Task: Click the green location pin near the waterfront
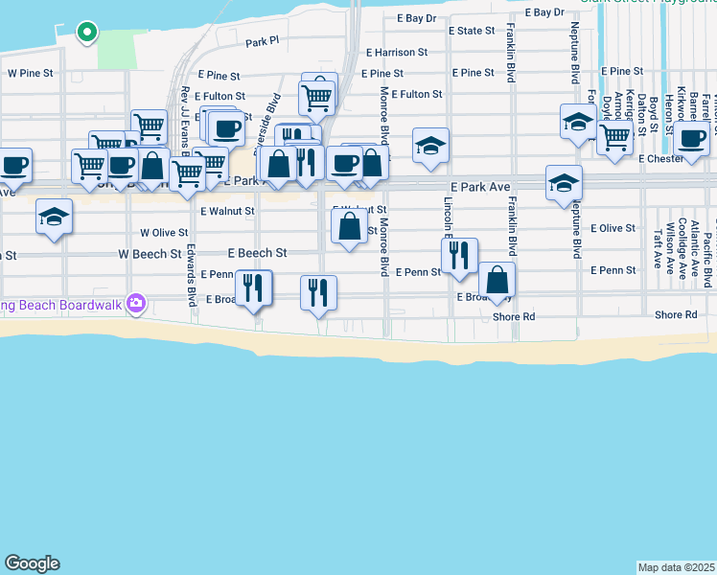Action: tap(86, 32)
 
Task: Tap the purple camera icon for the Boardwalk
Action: tap(136, 304)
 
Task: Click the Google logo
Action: tap(32, 563)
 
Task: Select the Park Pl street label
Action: tap(262, 42)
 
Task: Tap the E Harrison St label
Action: tap(396, 53)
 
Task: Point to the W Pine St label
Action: tap(31, 73)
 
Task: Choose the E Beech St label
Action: tap(257, 253)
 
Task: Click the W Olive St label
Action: tap(164, 232)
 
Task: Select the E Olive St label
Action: tap(613, 228)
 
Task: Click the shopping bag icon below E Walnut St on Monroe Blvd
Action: tap(349, 227)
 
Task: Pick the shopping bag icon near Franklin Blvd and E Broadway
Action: tap(497, 280)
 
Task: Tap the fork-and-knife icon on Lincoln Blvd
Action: tap(459, 255)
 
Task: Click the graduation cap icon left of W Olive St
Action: tap(55, 217)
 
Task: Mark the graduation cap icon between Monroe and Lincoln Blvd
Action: tap(430, 146)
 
